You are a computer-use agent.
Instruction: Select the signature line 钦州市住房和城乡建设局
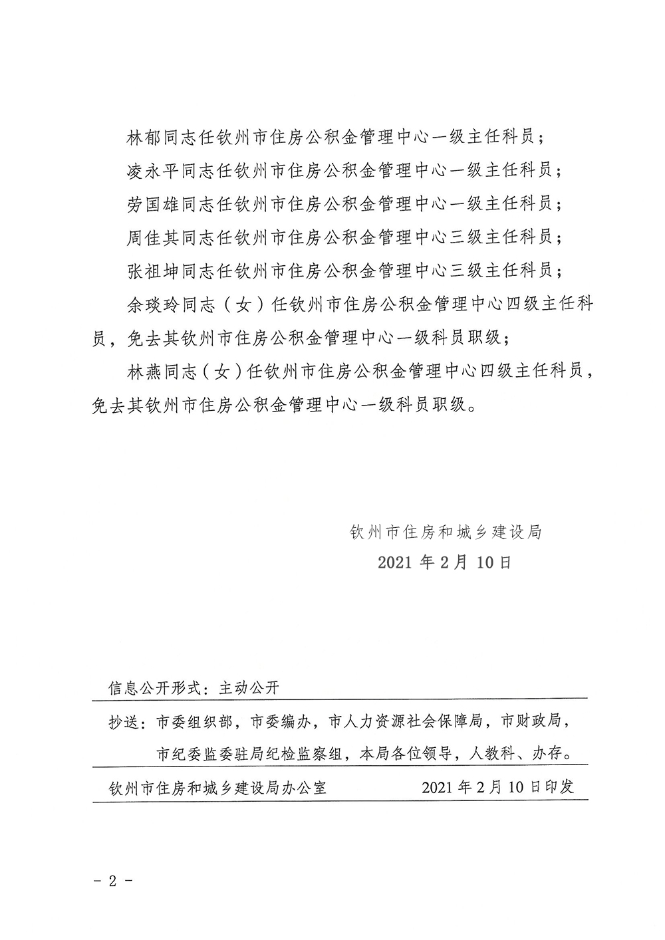coord(446,532)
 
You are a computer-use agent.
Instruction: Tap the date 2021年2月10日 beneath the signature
coord(446,562)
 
